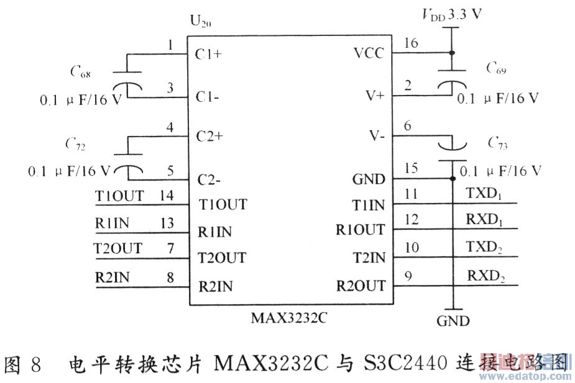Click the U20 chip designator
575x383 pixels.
(x=200, y=23)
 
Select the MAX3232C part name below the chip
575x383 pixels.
(x=289, y=318)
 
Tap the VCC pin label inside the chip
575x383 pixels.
(x=369, y=53)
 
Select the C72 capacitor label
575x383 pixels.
(x=76, y=145)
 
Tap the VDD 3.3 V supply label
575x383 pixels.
(x=453, y=14)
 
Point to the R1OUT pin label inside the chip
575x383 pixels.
(x=360, y=230)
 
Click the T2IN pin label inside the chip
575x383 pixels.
(x=369, y=258)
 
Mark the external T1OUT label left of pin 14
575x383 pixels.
(x=119, y=196)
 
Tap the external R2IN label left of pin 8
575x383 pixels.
(x=113, y=277)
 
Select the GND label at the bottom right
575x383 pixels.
(x=453, y=321)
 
